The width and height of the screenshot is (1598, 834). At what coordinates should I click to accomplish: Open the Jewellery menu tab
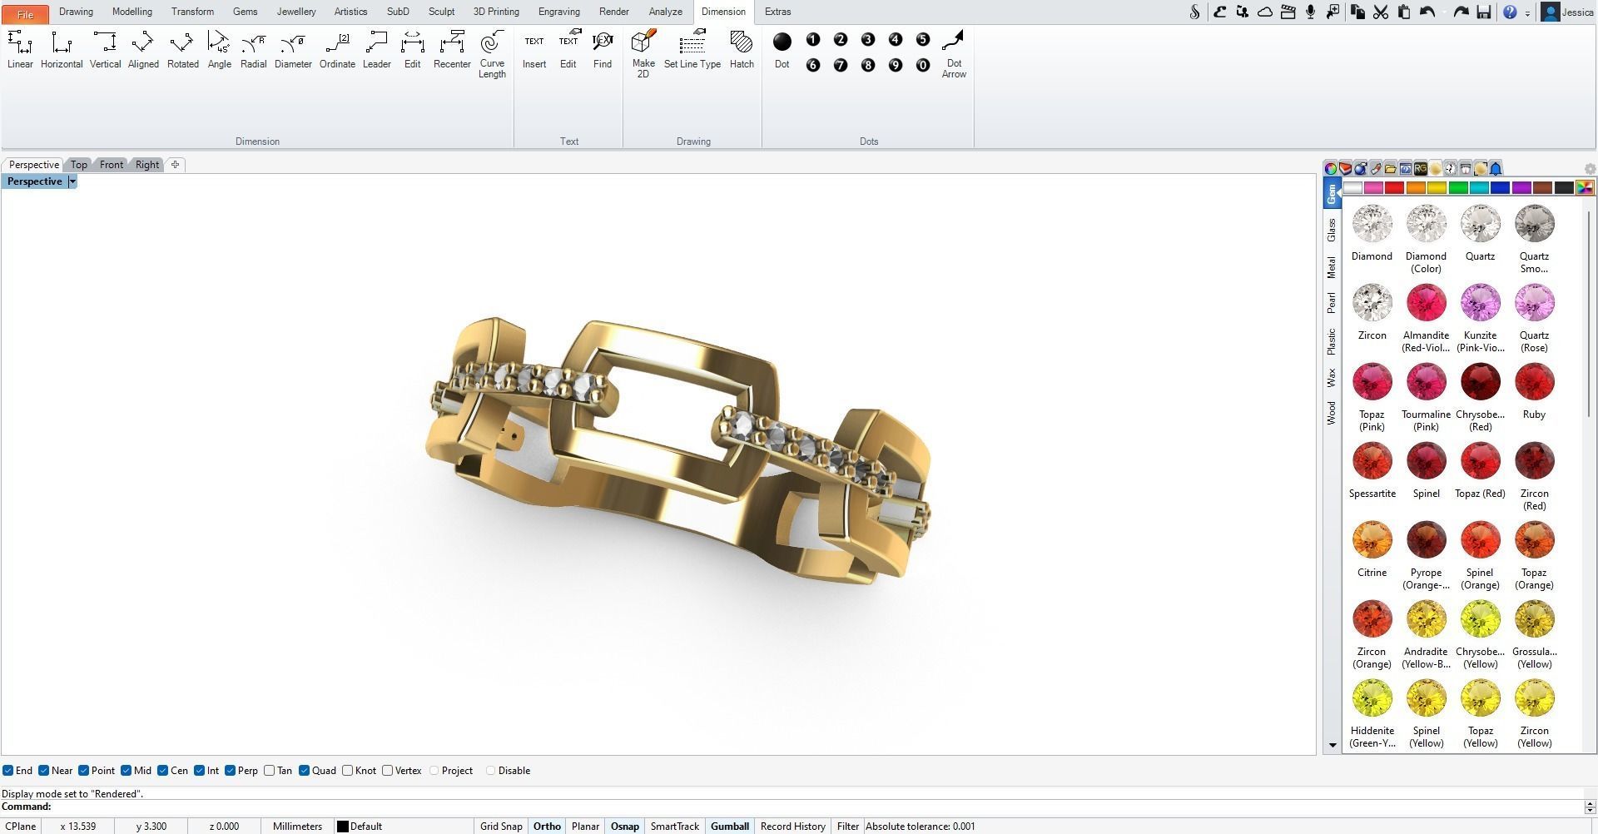pyautogui.click(x=295, y=12)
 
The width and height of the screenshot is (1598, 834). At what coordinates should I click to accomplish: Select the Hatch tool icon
pyautogui.click(x=741, y=49)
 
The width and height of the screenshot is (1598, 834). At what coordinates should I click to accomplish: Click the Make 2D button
pyautogui.click(x=643, y=52)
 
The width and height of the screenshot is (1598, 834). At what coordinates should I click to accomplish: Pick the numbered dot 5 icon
pyautogui.click(x=922, y=39)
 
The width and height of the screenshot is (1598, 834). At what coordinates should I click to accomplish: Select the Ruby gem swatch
pyautogui.click(x=1534, y=382)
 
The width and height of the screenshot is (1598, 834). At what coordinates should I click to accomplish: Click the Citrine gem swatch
pyautogui.click(x=1372, y=540)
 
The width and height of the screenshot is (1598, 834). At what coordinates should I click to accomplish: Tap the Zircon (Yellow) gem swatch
pyautogui.click(x=1534, y=698)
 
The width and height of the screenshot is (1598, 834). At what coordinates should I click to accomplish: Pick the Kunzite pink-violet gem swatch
pyautogui.click(x=1480, y=303)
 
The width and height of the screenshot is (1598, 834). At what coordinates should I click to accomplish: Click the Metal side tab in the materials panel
pyautogui.click(x=1332, y=267)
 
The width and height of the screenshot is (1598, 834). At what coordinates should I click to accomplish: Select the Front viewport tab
pyautogui.click(x=112, y=165)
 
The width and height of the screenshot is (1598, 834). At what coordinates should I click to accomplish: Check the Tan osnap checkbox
pyautogui.click(x=270, y=771)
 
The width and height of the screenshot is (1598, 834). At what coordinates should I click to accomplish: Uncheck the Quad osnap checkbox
pyautogui.click(x=305, y=771)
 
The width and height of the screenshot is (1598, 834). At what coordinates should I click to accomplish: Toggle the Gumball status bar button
pyautogui.click(x=729, y=827)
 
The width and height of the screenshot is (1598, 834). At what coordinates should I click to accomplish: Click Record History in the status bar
pyautogui.click(x=792, y=827)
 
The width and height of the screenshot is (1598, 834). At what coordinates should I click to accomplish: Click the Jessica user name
pyautogui.click(x=1577, y=12)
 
